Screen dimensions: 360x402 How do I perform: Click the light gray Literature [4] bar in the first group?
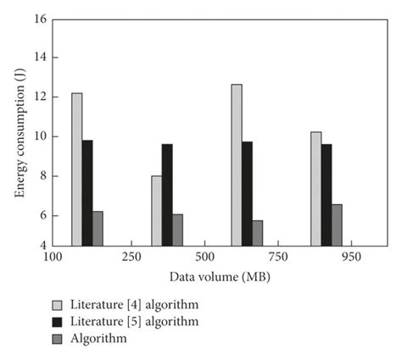(x=77, y=169)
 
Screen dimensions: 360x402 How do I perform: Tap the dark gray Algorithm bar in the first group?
(x=98, y=229)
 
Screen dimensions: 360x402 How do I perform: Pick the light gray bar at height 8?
(x=157, y=211)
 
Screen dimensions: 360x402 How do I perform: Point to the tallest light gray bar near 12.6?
(x=237, y=165)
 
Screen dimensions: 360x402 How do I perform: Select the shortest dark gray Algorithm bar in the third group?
(x=257, y=233)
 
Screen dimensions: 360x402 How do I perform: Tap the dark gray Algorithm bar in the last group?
(x=337, y=225)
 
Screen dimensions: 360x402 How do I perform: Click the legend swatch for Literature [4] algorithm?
(x=58, y=304)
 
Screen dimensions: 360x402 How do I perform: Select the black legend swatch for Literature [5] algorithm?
(x=58, y=322)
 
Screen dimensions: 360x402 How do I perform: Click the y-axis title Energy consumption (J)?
(x=19, y=131)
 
